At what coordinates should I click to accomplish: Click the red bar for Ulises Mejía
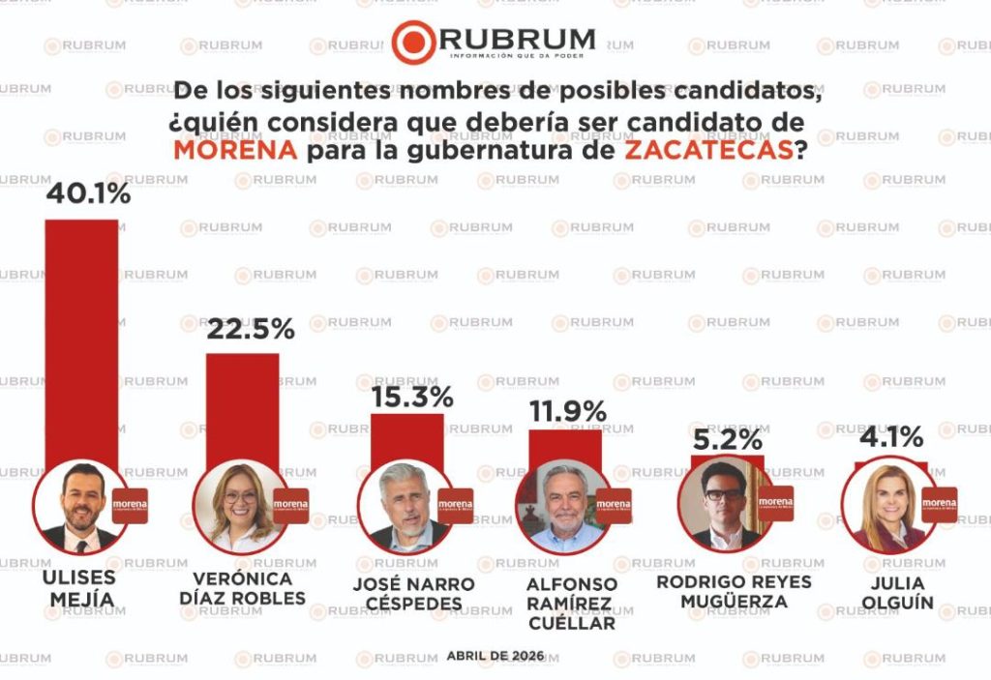pyautogui.click(x=82, y=339)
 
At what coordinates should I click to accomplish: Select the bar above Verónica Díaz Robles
pyautogui.click(x=242, y=406)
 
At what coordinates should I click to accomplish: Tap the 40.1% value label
pyautogui.click(x=88, y=194)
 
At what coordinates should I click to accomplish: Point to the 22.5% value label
pyautogui.click(x=251, y=329)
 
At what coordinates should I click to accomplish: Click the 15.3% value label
pyautogui.click(x=412, y=397)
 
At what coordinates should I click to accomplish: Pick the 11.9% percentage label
pyautogui.click(x=568, y=411)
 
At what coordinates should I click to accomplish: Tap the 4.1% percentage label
pyautogui.click(x=890, y=437)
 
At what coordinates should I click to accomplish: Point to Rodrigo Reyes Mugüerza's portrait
pyautogui.click(x=724, y=505)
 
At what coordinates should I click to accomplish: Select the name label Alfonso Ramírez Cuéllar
pyautogui.click(x=571, y=604)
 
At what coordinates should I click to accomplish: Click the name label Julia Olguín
pyautogui.click(x=895, y=593)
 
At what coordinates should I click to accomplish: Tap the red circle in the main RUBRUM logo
pyautogui.click(x=413, y=42)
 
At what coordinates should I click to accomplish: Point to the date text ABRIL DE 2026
pyautogui.click(x=495, y=656)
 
